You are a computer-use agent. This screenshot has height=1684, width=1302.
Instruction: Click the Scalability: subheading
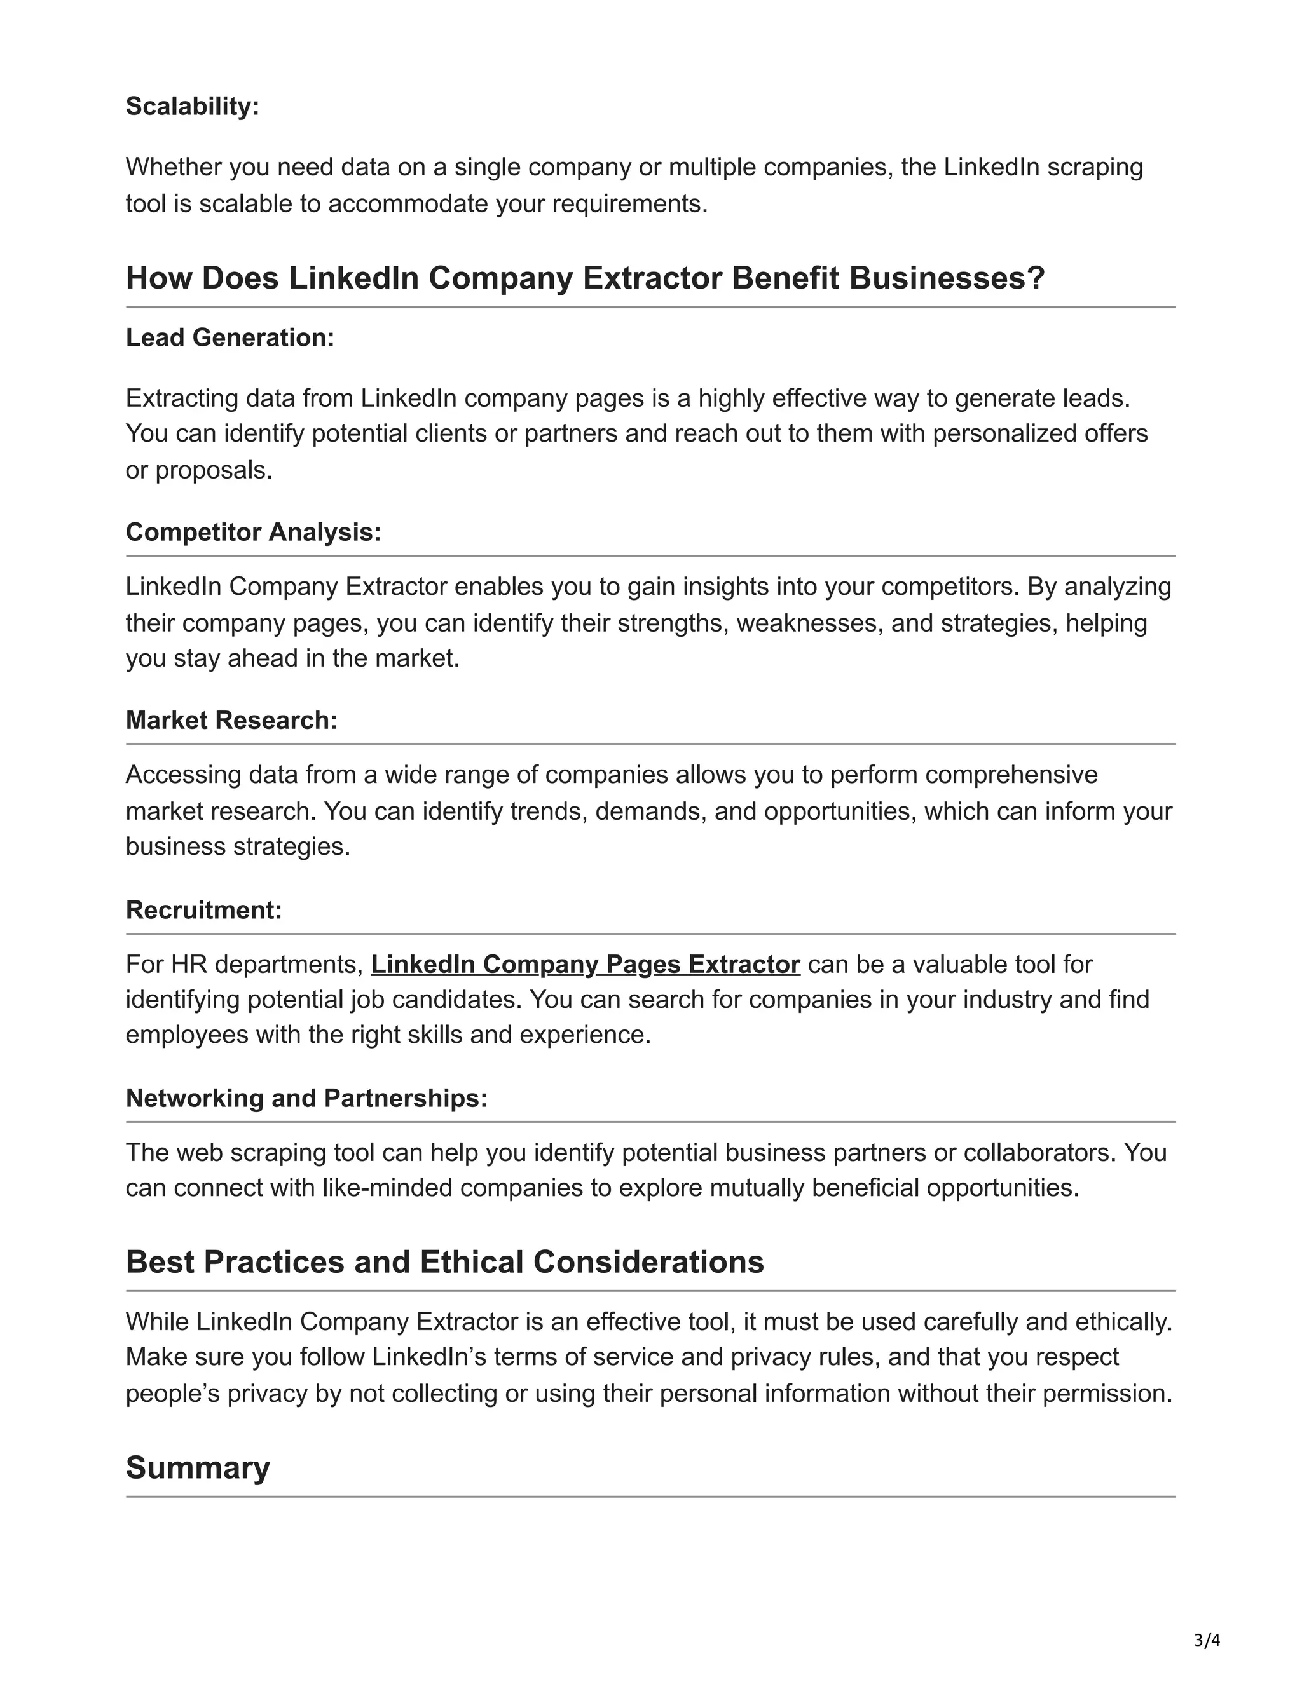click(x=192, y=106)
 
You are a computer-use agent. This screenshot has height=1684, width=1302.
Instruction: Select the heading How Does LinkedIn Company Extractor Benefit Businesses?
click(x=585, y=278)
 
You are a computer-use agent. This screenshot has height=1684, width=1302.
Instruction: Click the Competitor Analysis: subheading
click(x=253, y=532)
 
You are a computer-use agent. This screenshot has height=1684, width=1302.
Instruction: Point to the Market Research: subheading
click(x=231, y=720)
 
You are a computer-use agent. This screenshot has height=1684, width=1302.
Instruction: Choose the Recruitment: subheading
click(x=203, y=910)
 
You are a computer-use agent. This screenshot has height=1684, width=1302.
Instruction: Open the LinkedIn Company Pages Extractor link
click(x=585, y=964)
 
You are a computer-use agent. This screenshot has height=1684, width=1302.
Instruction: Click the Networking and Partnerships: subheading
click(x=306, y=1098)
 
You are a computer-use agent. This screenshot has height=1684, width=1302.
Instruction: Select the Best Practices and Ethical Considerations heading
click(x=444, y=1262)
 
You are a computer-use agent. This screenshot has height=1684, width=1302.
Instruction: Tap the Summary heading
click(x=198, y=1467)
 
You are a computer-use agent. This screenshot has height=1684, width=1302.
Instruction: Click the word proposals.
click(x=214, y=470)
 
